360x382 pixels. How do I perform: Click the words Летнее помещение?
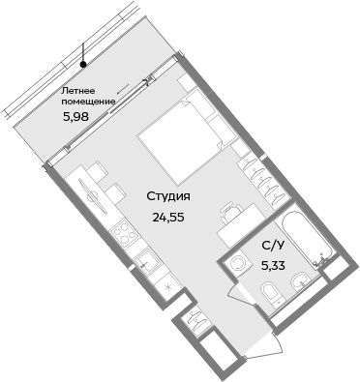[88, 95]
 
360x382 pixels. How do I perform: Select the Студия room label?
[168, 196]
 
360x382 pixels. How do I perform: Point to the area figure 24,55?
[168, 217]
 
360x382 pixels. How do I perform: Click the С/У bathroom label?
[274, 246]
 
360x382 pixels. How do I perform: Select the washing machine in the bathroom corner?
[237, 265]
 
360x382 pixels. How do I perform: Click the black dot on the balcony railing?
[84, 65]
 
